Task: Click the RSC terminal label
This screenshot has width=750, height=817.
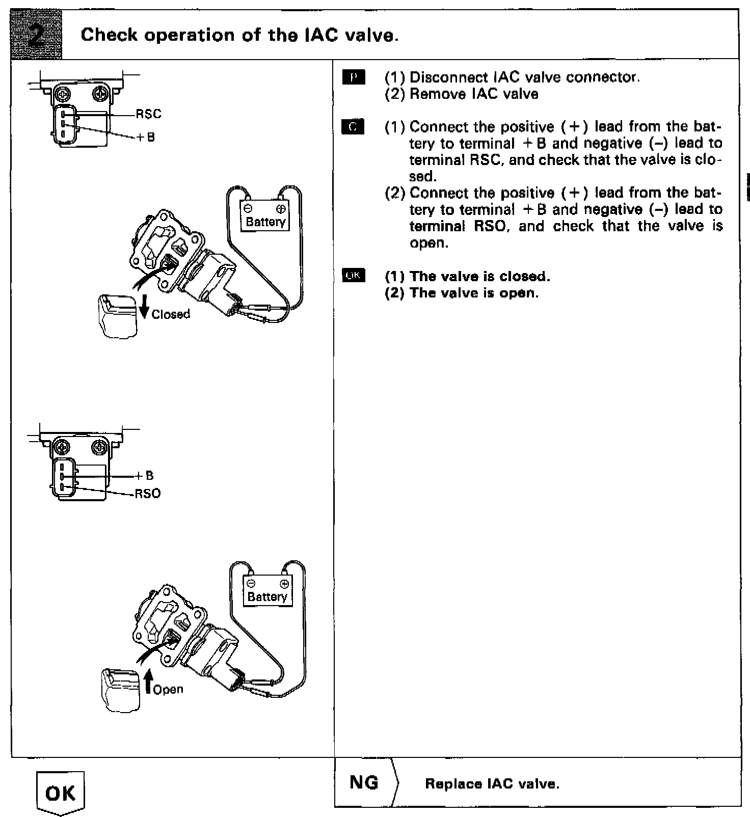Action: (x=148, y=114)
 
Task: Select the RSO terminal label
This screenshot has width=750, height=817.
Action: (x=148, y=494)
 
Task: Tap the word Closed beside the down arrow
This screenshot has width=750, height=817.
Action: (x=171, y=314)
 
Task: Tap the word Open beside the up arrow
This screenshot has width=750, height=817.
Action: (x=168, y=690)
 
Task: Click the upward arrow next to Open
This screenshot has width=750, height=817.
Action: (x=148, y=682)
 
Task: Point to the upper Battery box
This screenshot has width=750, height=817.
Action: (x=265, y=216)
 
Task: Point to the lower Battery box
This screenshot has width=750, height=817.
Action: (x=267, y=591)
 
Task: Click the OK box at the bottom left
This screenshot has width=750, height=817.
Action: (x=61, y=793)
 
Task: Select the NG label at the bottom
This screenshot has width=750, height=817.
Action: (x=364, y=782)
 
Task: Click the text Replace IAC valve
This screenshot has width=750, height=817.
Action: (x=492, y=784)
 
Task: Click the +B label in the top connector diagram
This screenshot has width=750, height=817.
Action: (x=147, y=138)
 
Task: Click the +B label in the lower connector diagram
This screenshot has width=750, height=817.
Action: (x=145, y=476)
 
